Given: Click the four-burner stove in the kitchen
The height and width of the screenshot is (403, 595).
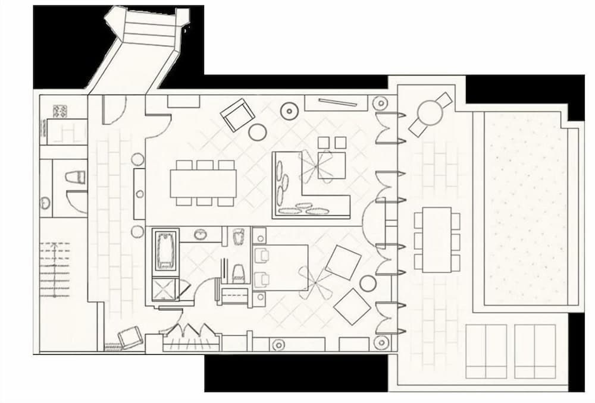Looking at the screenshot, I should point(60,111).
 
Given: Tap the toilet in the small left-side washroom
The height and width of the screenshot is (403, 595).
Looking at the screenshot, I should point(76,178).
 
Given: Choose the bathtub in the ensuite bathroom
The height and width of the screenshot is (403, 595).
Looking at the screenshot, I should point(167,249).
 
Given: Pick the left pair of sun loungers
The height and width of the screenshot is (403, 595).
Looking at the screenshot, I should point(486,351).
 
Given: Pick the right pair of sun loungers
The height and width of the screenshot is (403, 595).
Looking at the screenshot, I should point(535,351).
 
